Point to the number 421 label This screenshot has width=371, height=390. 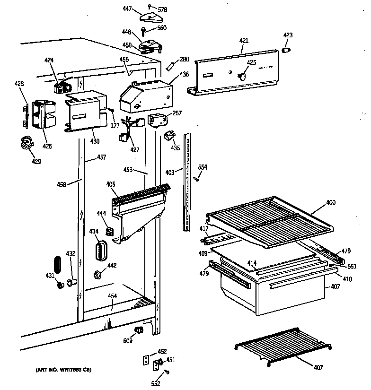click(x=244, y=41)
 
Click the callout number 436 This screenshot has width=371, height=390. click(x=184, y=74)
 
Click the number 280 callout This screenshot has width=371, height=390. click(x=184, y=59)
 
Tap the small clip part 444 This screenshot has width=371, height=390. click(x=109, y=231)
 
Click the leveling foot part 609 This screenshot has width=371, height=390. click(x=139, y=329)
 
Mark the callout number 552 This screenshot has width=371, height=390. click(x=155, y=383)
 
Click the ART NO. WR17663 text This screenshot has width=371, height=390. click(x=63, y=369)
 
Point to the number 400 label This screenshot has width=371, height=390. click(x=330, y=202)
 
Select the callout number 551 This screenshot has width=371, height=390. click(x=352, y=266)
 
